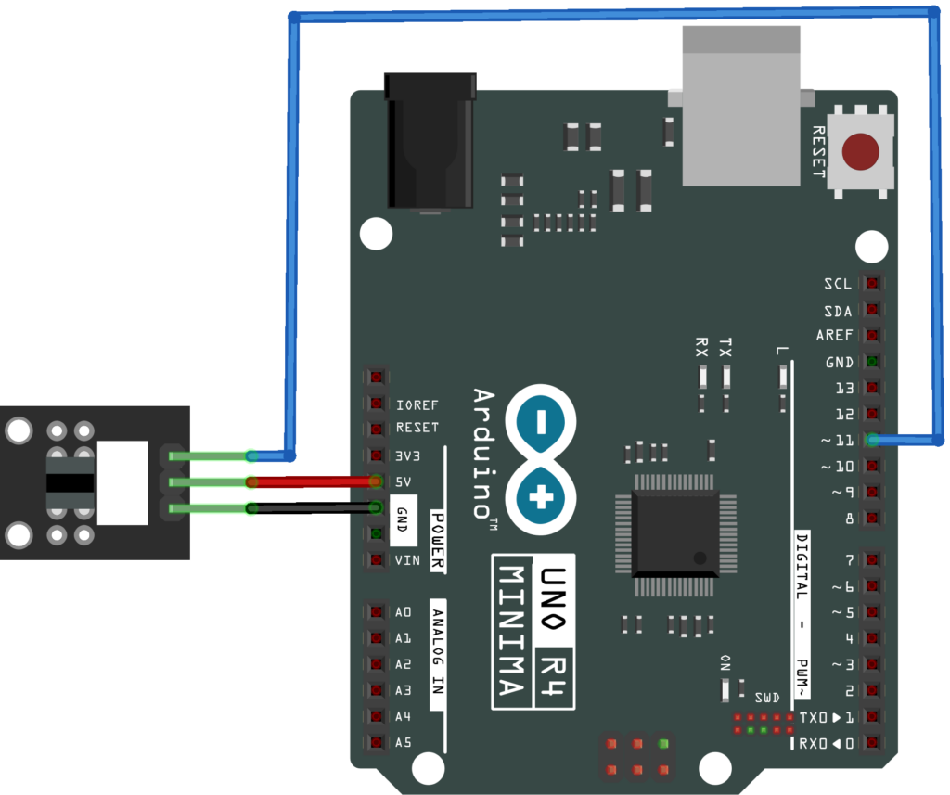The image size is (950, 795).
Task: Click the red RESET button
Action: click(861, 152)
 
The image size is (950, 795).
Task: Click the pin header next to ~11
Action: click(871, 441)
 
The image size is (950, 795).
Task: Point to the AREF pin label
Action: click(835, 336)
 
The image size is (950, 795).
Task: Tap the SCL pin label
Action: click(838, 284)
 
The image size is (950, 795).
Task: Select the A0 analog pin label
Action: click(404, 612)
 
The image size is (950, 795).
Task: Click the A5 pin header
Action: click(376, 743)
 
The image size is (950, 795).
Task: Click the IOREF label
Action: click(417, 405)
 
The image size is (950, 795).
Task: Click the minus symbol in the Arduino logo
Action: click(540, 423)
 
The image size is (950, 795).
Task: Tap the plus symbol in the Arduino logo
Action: click(540, 499)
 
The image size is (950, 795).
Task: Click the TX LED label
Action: click(725, 348)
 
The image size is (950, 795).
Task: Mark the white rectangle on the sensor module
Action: click(122, 482)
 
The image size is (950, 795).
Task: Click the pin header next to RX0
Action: click(871, 743)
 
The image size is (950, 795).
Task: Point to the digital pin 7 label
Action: click(849, 559)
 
